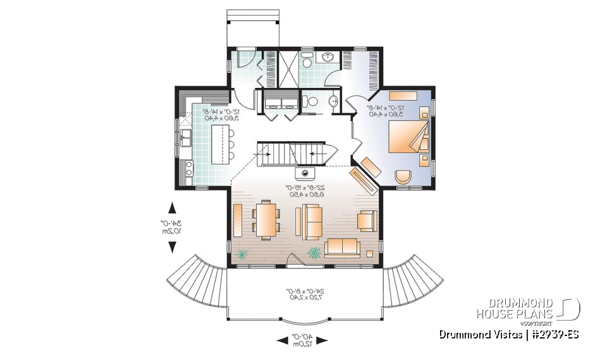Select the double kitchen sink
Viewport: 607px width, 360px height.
tap(186, 138)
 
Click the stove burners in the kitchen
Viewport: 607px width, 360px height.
tap(187, 168)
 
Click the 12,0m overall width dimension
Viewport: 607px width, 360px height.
tap(303, 340)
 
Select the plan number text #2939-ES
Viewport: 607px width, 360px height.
tap(553, 334)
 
